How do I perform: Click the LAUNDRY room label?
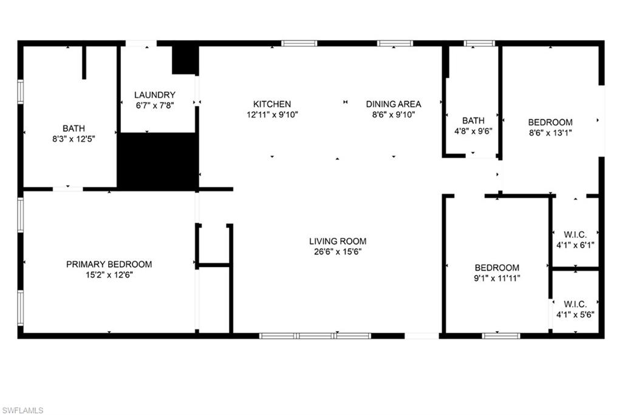pyautogui.click(x=155, y=95)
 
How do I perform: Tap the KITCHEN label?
pyautogui.click(x=272, y=104)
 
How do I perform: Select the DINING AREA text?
pyautogui.click(x=394, y=104)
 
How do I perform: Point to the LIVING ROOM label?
pyautogui.click(x=338, y=241)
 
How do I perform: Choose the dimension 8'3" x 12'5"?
pyautogui.click(x=73, y=138)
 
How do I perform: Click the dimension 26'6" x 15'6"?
pyautogui.click(x=338, y=251)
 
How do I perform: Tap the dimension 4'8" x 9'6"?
pyautogui.click(x=473, y=130)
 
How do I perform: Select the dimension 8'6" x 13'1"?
pyautogui.click(x=550, y=132)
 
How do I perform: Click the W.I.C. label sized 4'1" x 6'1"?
pyautogui.click(x=575, y=234)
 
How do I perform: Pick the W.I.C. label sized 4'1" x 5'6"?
pyautogui.click(x=575, y=304)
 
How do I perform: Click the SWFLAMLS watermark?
pyautogui.click(x=22, y=410)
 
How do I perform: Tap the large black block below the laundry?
pyautogui.click(x=157, y=161)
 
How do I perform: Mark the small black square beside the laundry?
pyautogui.click(x=185, y=60)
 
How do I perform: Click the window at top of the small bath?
pyautogui.click(x=479, y=43)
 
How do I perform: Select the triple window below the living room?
pyautogui.click(x=315, y=335)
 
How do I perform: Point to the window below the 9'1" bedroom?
pyautogui.click(x=501, y=335)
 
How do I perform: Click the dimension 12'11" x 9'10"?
pyautogui.click(x=272, y=114)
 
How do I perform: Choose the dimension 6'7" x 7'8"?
pyautogui.click(x=155, y=105)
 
